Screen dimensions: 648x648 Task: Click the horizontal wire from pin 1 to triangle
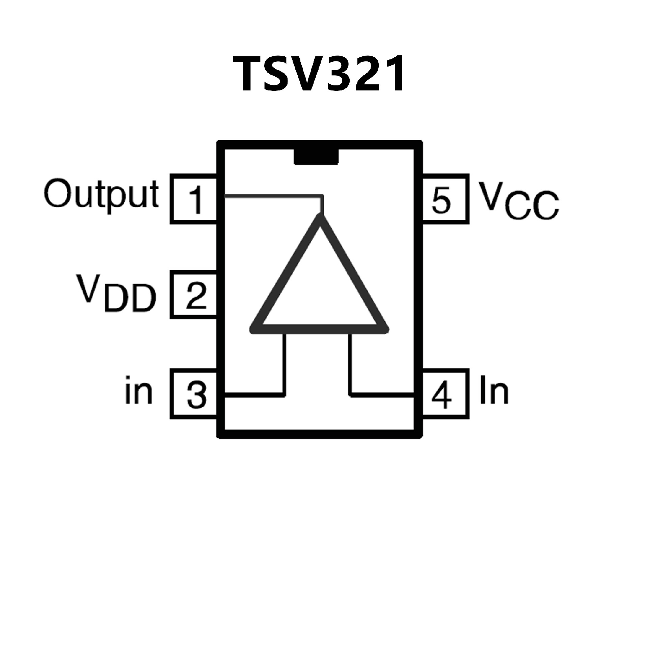[273, 195]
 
